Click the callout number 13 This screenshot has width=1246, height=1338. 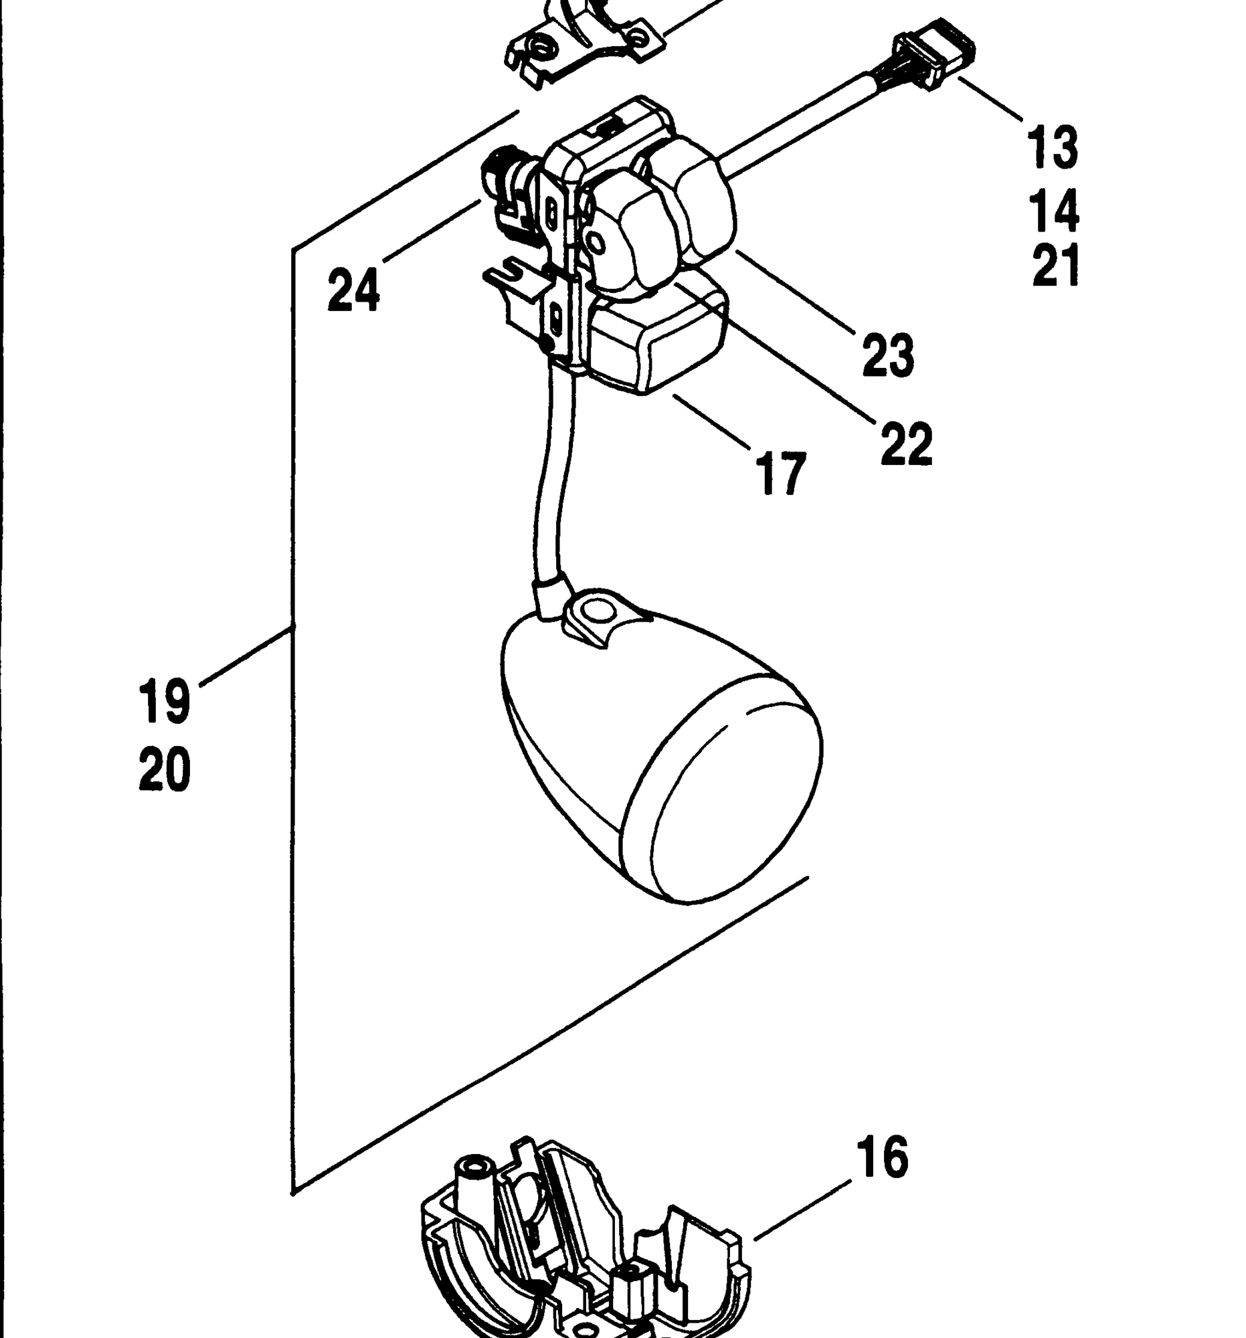(1052, 146)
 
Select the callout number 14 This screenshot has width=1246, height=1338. (1053, 211)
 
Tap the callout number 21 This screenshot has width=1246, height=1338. (1055, 265)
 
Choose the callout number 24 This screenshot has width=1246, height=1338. (353, 290)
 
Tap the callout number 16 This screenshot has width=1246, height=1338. (883, 1157)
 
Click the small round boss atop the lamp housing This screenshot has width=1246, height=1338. (592, 611)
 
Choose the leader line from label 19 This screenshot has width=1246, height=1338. (246, 656)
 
